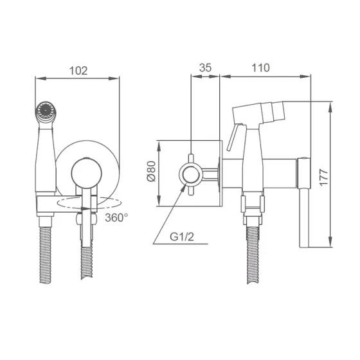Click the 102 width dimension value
[x=78, y=71]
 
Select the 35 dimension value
[x=205, y=67]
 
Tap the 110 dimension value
[x=261, y=67]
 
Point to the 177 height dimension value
[x=324, y=177]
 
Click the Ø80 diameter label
[x=151, y=171]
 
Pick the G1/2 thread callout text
[x=182, y=237]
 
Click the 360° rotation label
[x=116, y=217]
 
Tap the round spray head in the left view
[x=46, y=112]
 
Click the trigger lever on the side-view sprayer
[x=234, y=138]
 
